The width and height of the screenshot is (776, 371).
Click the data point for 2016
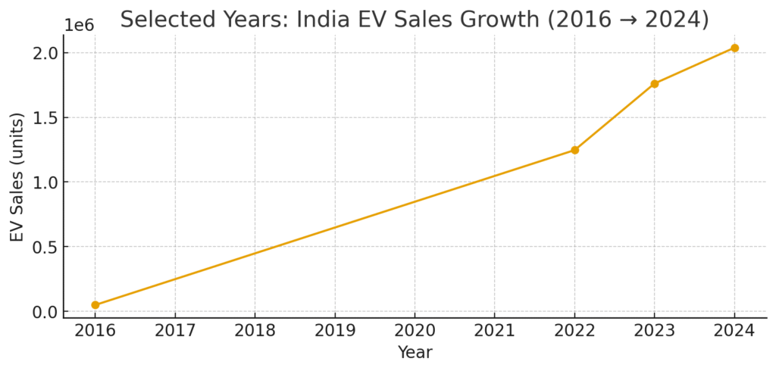pyautogui.click(x=95, y=305)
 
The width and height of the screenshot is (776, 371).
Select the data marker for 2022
pyautogui.click(x=574, y=150)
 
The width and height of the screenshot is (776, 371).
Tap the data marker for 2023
pyautogui.click(x=655, y=84)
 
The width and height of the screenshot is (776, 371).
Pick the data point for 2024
pyautogui.click(x=734, y=48)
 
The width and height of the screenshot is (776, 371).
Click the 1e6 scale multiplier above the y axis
pyautogui.click(x=79, y=25)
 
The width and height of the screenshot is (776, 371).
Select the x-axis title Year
pyautogui.click(x=415, y=353)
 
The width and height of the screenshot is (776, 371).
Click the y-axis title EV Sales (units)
pyautogui.click(x=17, y=176)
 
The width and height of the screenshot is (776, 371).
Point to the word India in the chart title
pyautogui.click(x=318, y=19)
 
